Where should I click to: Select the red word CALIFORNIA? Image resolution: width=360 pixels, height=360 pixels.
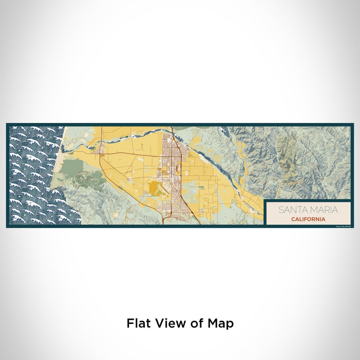coord(308,219)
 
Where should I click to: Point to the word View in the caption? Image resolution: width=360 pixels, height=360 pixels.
coord(168,323)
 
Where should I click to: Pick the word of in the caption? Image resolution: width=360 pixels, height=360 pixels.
coord(194,323)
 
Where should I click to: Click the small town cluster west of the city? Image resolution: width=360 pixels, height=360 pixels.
coord(101,150)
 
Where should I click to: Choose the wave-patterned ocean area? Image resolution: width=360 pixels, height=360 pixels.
coord(33,175)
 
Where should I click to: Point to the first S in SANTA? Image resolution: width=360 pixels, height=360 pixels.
coord(281,210)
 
